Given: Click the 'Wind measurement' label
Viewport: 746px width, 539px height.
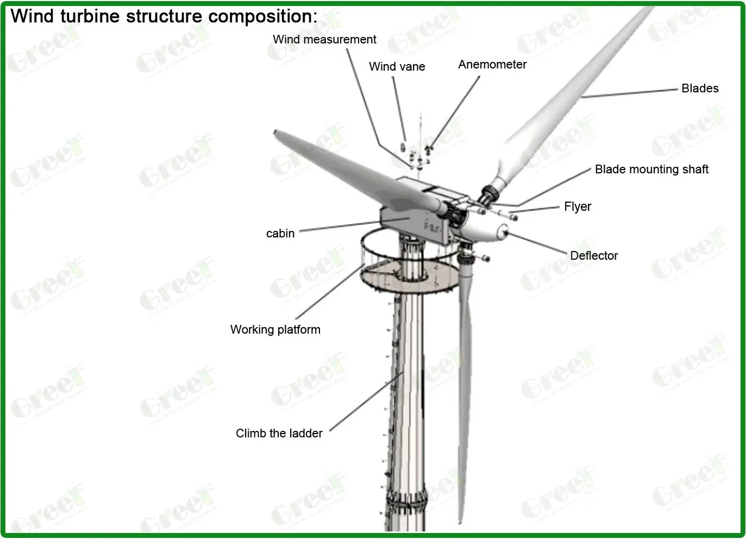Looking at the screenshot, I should point(324,40).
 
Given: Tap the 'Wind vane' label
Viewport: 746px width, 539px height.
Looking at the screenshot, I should point(397,67).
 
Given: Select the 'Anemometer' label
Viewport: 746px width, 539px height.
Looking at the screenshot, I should point(492,65).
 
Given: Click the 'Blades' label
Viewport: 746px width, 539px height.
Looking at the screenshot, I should point(700,89).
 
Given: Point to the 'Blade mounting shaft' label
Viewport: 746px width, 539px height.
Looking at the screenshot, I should point(651,170).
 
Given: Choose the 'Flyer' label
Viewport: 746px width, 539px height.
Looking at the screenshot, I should point(578,207).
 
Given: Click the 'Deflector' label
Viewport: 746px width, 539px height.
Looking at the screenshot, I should point(594,256).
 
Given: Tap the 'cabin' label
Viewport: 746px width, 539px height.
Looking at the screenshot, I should point(280,234).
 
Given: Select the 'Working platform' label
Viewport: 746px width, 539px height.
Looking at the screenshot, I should point(275,330).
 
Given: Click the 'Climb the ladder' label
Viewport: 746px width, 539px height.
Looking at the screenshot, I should point(279,434).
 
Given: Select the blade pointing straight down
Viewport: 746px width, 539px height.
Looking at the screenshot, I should point(465,380).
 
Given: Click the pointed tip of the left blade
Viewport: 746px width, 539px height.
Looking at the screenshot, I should point(276,132).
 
